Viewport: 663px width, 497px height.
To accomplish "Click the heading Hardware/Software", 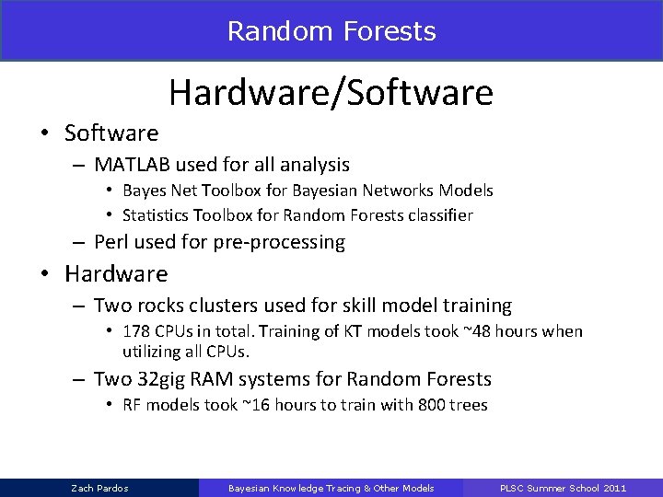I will [331, 93].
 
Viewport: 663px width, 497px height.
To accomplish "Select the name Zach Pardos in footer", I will [99, 487].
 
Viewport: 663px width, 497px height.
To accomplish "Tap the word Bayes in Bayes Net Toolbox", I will [144, 191].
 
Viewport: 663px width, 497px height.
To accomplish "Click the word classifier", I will [439, 215].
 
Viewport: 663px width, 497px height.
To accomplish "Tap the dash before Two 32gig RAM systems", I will [76, 378].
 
